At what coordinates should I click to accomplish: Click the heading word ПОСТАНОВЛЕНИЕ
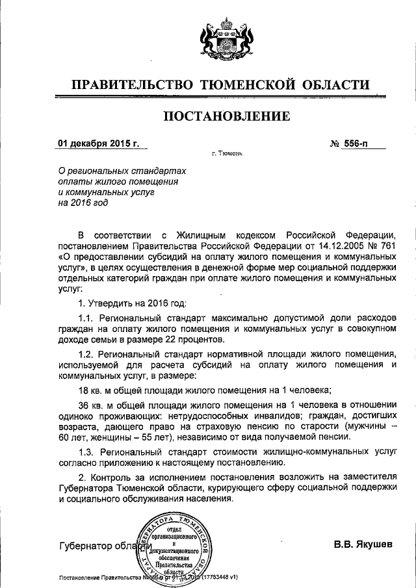pyautogui.click(x=226, y=117)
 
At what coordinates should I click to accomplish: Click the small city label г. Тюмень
pyautogui.click(x=227, y=155)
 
